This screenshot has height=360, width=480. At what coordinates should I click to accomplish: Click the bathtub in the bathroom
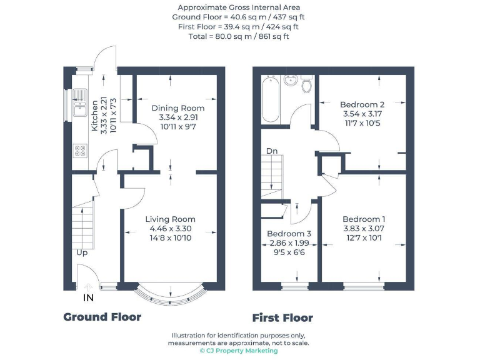pos(271,99)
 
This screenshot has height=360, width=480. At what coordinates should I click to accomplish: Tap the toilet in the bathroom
pos(306,84)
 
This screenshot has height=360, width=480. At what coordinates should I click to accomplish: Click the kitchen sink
pos(79,104)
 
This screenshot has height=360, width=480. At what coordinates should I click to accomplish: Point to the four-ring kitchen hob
pos(81,150)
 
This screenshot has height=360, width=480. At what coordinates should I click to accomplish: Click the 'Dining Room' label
pos(177,108)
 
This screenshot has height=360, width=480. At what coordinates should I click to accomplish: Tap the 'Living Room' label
pos(170,219)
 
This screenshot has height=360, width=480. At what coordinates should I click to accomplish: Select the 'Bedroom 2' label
pos(362,104)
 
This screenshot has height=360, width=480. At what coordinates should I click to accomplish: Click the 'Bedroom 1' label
pos(363,219)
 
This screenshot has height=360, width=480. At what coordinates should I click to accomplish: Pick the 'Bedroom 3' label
pos(289,234)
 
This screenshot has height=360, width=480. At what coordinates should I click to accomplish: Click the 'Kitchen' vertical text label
pos(95,116)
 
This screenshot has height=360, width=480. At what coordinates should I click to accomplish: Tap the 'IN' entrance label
pos(89,298)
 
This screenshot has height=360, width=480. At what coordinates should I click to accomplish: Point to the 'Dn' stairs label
pos(272,151)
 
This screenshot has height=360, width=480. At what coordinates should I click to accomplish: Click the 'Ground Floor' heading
pos(102,317)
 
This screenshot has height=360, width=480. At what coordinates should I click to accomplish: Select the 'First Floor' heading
pos(282,317)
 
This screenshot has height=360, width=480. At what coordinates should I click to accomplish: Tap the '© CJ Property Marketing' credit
pos(238,351)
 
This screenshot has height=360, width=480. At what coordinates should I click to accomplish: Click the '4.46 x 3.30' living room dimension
pos(170,229)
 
